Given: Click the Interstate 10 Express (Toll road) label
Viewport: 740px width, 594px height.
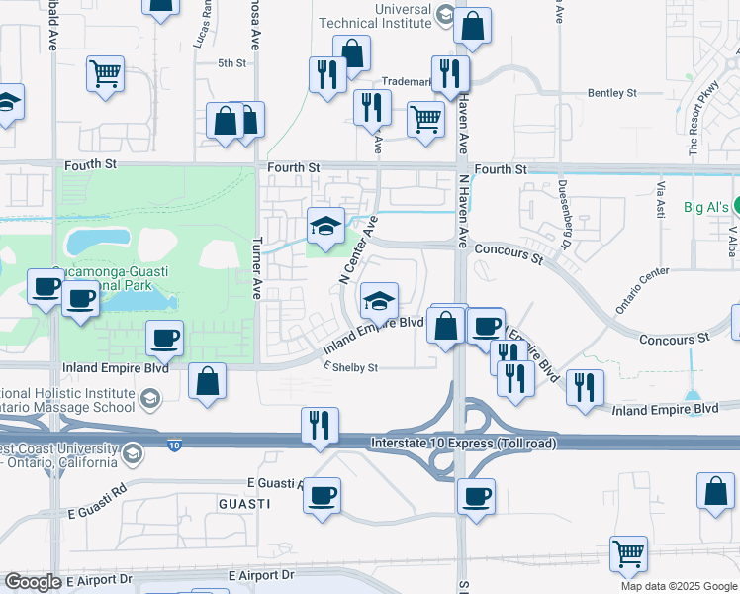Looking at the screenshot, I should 463,442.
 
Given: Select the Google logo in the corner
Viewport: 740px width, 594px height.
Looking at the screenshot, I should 33,582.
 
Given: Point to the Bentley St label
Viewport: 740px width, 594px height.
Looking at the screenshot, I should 611,93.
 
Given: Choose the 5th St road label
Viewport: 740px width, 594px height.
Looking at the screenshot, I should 231,63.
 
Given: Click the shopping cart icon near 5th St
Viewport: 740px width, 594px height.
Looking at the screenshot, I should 105,73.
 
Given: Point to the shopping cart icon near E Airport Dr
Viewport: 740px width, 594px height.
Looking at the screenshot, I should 628,553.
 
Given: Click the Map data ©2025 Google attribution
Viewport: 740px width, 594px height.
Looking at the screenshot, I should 678,586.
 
